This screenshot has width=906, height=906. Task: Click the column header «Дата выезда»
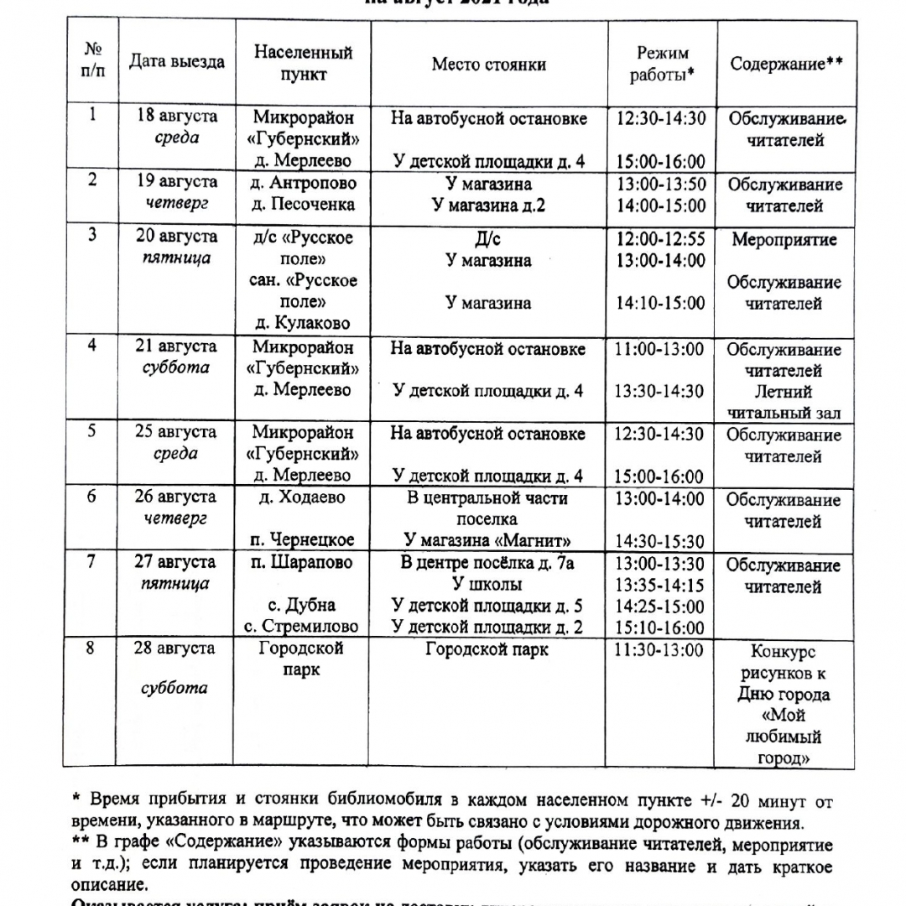(x=176, y=63)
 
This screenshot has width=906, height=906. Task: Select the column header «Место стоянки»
(x=488, y=65)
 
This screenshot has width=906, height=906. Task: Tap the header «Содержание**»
(x=786, y=65)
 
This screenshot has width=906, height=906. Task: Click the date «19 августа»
(x=176, y=182)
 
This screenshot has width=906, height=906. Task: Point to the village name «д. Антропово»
(x=304, y=183)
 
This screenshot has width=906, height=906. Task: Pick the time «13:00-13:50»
(x=660, y=184)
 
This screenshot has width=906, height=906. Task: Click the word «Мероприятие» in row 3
(x=784, y=240)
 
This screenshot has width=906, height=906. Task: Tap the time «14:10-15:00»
(x=660, y=303)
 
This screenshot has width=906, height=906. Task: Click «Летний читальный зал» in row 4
(x=784, y=402)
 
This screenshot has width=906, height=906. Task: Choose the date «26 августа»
(x=176, y=497)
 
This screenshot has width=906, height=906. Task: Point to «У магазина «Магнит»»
(x=488, y=540)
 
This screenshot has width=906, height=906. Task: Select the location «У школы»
(x=488, y=584)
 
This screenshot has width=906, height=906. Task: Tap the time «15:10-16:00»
(x=660, y=627)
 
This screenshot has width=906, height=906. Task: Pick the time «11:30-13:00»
(x=660, y=649)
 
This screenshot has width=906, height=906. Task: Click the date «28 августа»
(x=176, y=648)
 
